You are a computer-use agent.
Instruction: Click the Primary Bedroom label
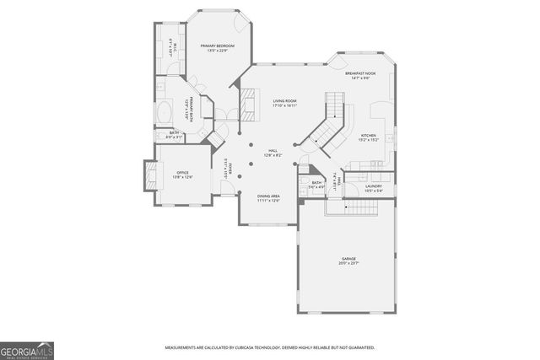[x=217, y=46]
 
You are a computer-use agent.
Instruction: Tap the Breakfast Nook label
[x=360, y=74]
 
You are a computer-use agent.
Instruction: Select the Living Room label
[x=284, y=101]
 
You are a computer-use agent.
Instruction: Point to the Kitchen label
[x=369, y=135]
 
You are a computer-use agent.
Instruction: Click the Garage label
[x=348, y=259]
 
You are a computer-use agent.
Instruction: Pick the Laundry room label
[x=374, y=185]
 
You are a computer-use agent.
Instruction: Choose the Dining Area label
[x=269, y=196]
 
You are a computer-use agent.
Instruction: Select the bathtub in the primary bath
[x=165, y=114]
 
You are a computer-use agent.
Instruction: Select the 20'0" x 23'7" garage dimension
[x=348, y=264]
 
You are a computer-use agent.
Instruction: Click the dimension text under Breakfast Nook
[x=360, y=79]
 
